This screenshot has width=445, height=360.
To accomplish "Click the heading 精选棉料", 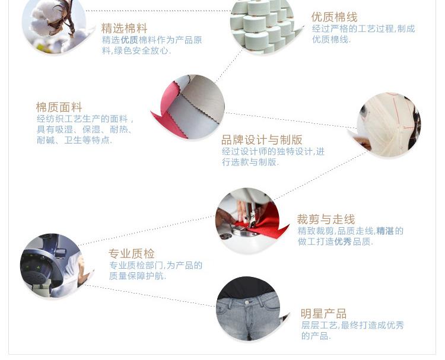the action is (x=124, y=28).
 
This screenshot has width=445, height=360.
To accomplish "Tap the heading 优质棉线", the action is (x=334, y=17).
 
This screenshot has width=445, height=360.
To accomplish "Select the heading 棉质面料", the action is (x=59, y=107).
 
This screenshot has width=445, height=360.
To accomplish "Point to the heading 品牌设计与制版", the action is (x=262, y=140).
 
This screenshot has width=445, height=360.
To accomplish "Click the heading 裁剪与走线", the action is (x=326, y=219).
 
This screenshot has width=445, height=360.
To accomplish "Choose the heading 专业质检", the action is (x=132, y=254).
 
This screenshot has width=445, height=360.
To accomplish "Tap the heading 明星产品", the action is (x=323, y=314).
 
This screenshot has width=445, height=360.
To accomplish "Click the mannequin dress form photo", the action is (x=389, y=125).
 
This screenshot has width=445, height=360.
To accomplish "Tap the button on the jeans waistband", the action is (x=248, y=302).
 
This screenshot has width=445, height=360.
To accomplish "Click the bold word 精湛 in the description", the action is (x=385, y=231).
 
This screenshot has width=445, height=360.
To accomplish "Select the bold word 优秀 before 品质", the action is (x=343, y=242).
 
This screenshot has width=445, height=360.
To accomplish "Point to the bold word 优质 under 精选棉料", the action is (x=129, y=40).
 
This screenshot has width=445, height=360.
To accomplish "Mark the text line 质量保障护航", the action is (x=138, y=276).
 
